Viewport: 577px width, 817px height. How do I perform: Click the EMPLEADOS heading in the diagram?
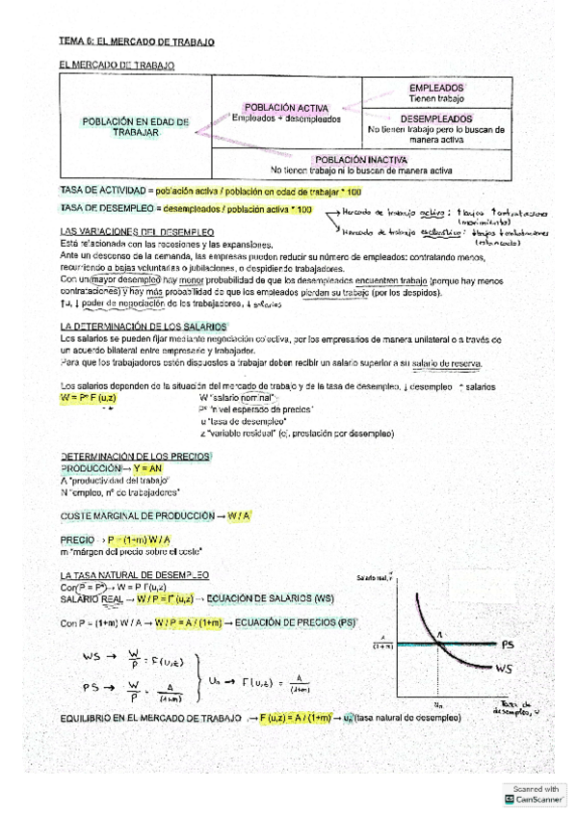coord(437,87)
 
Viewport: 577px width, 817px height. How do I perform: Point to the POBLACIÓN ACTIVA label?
coord(286,108)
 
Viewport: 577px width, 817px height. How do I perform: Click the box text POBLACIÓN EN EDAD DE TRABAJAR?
coord(135,127)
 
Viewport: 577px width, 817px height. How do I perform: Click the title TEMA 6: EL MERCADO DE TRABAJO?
coord(136,43)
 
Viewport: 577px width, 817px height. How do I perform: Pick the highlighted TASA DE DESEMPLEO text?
coord(94,209)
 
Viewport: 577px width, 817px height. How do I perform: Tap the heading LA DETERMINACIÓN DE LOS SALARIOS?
coord(143,328)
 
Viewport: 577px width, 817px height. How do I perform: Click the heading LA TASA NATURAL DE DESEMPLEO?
coord(134,574)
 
